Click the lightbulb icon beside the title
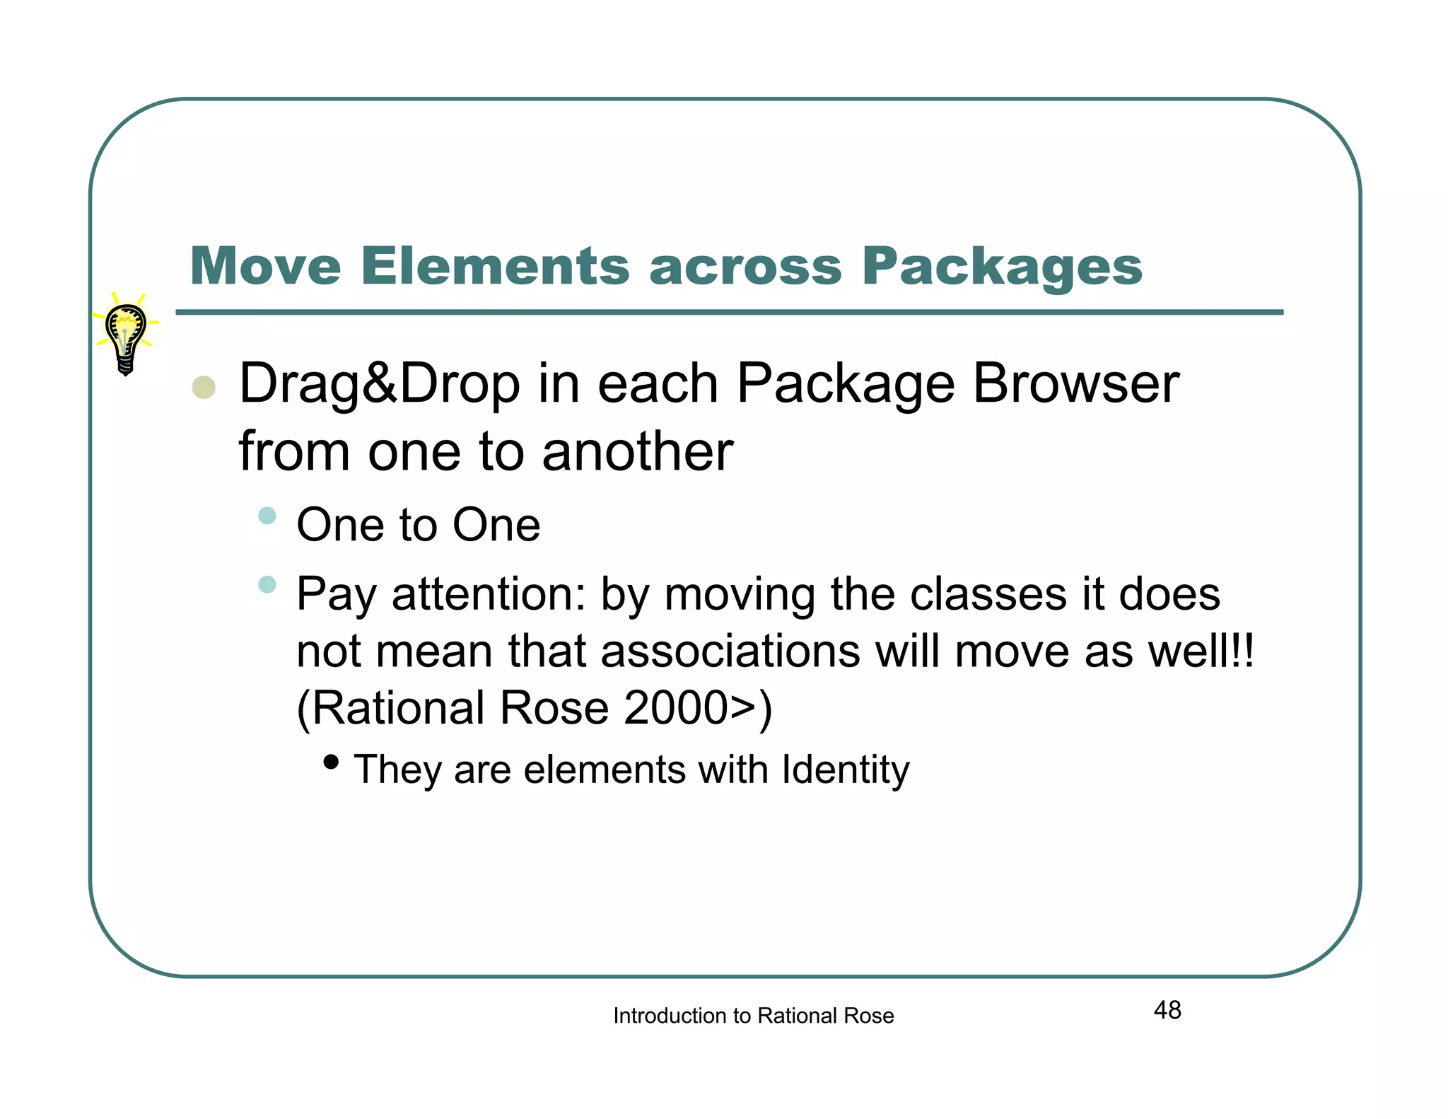tap(126, 335)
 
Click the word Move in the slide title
tap(266, 267)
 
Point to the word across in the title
tap(745, 268)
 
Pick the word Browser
tap(1075, 384)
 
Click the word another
tap(637, 452)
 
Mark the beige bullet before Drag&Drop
tap(204, 387)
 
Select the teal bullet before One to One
tap(267, 515)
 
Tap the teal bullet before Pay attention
tap(267, 584)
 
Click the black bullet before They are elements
tap(330, 762)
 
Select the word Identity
tap(846, 770)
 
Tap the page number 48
tap(1167, 1010)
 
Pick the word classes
tap(988, 594)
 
